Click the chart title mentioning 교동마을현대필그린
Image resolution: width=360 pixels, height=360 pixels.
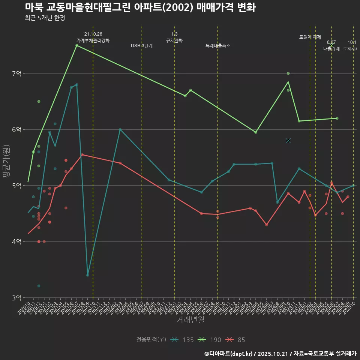click(x=140, y=7)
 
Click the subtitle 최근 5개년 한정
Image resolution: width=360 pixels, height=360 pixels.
click(x=45, y=18)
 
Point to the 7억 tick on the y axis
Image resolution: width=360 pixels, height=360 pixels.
click(x=17, y=73)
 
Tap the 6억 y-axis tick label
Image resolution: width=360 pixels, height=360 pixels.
click(x=17, y=130)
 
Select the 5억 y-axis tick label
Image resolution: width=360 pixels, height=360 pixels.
click(x=17, y=186)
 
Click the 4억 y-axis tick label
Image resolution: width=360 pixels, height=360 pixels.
click(x=17, y=242)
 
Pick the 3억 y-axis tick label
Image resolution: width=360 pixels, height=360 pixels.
click(x=17, y=298)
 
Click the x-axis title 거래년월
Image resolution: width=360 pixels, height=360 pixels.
click(x=190, y=320)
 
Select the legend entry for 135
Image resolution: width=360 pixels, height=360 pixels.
click(x=182, y=340)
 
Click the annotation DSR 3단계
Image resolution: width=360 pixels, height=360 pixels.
click(x=142, y=46)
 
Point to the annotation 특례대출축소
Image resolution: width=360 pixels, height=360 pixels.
click(x=218, y=46)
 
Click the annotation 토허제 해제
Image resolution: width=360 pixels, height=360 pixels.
click(x=310, y=37)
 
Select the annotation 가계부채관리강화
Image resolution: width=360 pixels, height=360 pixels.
click(x=93, y=40)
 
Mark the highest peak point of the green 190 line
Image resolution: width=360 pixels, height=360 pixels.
click(x=76, y=45)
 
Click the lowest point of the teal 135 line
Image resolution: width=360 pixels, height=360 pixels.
click(x=87, y=275)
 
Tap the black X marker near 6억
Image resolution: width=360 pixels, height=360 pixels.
click(x=288, y=141)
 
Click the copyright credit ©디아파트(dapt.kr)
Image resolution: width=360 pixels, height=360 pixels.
click(x=229, y=353)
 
